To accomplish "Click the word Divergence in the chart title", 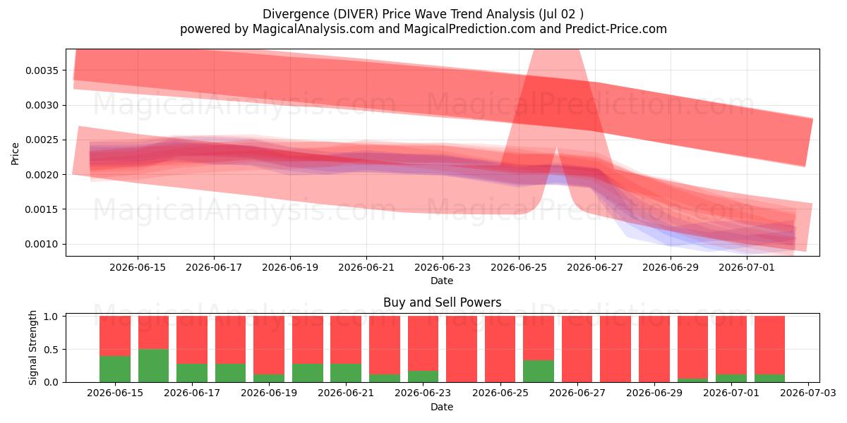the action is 296,14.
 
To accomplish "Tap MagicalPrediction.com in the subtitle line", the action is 469,29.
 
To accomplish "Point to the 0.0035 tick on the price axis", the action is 42,70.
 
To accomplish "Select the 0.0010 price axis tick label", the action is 42,245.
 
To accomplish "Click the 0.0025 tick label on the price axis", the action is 42,140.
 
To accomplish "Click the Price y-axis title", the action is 15,154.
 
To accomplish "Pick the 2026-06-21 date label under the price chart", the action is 366,267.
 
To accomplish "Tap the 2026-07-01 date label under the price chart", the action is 747,267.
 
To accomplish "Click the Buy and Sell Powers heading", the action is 442,302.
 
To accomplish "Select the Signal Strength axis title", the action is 32,348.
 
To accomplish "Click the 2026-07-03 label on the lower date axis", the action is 808,393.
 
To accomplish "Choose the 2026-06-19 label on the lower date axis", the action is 269,393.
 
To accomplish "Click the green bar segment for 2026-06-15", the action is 115,369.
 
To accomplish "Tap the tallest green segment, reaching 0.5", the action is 154,366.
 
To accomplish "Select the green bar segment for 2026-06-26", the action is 539,371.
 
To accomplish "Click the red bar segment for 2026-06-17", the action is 192,340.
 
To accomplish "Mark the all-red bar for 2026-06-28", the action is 615,349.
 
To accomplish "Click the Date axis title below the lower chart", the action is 442,407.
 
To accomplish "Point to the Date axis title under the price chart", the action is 442,281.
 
